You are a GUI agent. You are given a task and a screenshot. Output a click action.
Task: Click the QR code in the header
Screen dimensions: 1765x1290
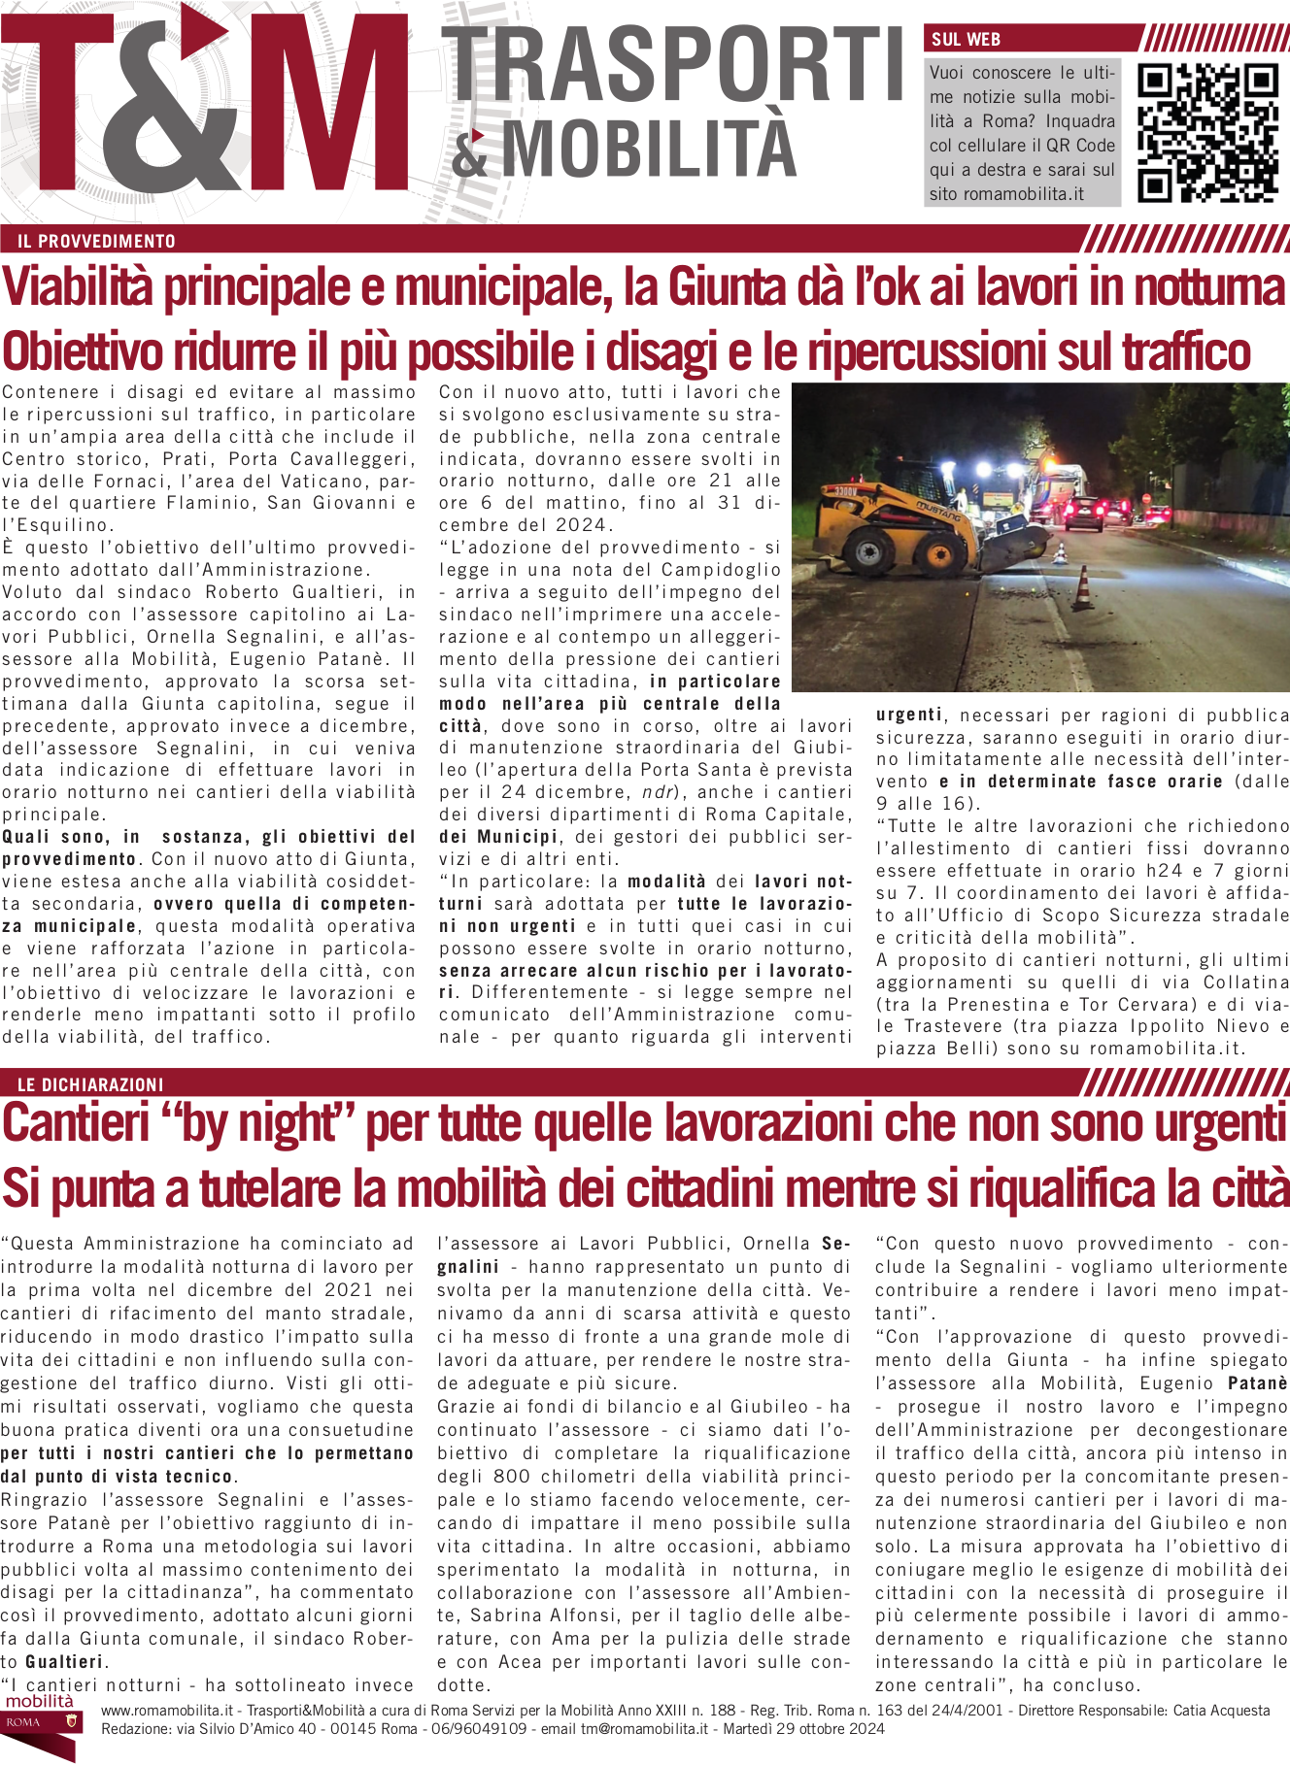[x=1207, y=133]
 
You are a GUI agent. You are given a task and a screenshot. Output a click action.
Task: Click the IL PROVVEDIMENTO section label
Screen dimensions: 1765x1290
[x=96, y=242]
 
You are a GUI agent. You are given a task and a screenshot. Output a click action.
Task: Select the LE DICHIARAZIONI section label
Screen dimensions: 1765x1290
[x=90, y=1084]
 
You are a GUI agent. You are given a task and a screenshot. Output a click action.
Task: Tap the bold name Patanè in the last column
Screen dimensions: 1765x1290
[x=1257, y=1383]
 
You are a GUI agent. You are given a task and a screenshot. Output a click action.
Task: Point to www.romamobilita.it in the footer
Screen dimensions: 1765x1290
[x=166, y=1711]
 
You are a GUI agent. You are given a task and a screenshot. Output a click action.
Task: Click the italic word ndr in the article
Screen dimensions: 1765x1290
[x=658, y=792]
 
